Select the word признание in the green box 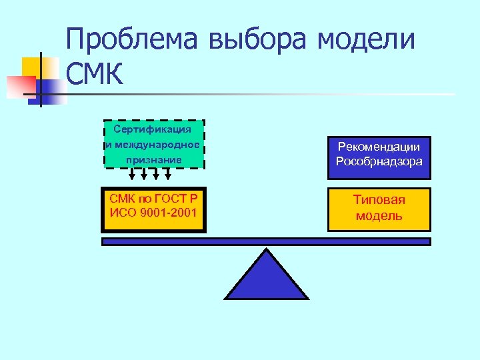153,160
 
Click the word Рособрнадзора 379,161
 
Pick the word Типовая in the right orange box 379,200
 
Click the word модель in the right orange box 379,215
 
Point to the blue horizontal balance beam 266,241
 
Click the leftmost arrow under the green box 132,175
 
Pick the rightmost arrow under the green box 168,175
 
